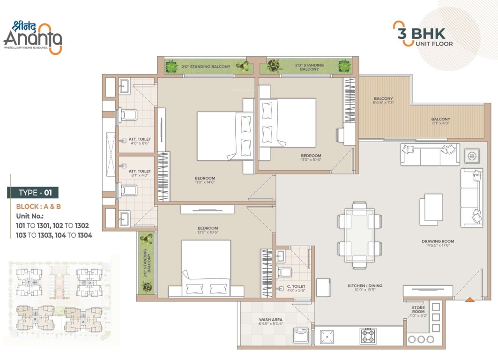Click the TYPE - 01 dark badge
pos(33,193)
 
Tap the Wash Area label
pos(270,322)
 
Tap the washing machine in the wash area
pos(300,336)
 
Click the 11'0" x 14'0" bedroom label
pos(205,180)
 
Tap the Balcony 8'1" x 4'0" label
pos(440,121)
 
